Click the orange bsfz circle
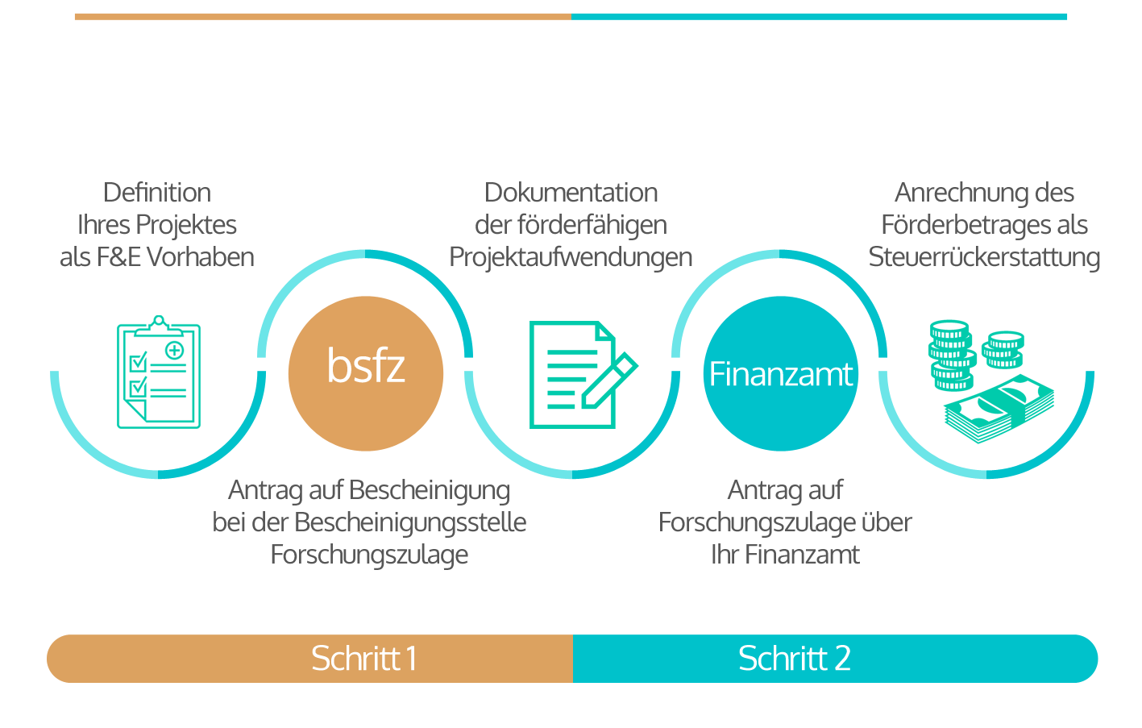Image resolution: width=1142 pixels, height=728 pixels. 366,372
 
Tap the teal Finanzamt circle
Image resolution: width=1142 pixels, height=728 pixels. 780,373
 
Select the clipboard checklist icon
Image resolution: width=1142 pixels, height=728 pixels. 159,372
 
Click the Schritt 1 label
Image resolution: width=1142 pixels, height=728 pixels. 364,659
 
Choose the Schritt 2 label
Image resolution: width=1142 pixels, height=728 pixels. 794,659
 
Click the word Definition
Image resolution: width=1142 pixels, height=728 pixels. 157,193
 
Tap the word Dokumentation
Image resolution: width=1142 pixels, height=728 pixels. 571,193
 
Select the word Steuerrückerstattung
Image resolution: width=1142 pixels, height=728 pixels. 984,257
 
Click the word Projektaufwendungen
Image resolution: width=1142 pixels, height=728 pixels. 571,257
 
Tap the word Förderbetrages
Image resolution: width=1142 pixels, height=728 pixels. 955,225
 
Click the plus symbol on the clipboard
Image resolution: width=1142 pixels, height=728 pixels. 174,350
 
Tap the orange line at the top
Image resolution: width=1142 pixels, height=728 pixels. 322,16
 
